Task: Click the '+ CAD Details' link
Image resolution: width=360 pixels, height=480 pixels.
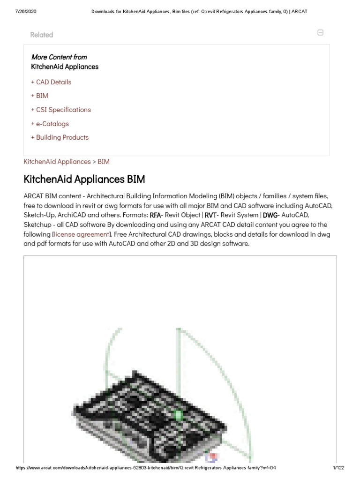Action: pyautogui.click(x=51, y=82)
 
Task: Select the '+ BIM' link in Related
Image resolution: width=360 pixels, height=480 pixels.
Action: pyautogui.click(x=39, y=96)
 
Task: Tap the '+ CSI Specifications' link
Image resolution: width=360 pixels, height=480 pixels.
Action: pyautogui.click(x=61, y=110)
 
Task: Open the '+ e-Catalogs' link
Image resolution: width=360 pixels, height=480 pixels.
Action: pyautogui.click(x=50, y=124)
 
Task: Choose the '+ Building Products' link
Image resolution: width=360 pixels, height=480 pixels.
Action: pyautogui.click(x=60, y=137)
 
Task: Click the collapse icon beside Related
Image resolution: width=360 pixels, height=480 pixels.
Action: pyautogui.click(x=320, y=33)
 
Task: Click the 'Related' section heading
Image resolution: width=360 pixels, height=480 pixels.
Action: pyautogui.click(x=41, y=35)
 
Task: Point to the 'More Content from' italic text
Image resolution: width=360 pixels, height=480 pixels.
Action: pyautogui.click(x=59, y=57)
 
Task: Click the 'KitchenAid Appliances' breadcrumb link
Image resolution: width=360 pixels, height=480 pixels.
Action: pyautogui.click(x=57, y=162)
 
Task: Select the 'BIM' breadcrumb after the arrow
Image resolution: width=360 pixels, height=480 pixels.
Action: pyautogui.click(x=104, y=162)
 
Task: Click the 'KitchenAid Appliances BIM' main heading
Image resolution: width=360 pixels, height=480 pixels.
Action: pyautogui.click(x=84, y=180)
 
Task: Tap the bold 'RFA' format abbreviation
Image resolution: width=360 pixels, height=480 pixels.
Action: pyautogui.click(x=155, y=215)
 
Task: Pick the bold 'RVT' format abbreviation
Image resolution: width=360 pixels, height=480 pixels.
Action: pyautogui.click(x=210, y=215)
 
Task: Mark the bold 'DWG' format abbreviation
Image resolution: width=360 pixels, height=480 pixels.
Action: pyautogui.click(x=270, y=215)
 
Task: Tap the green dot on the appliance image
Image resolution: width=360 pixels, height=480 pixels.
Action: pyautogui.click(x=178, y=415)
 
